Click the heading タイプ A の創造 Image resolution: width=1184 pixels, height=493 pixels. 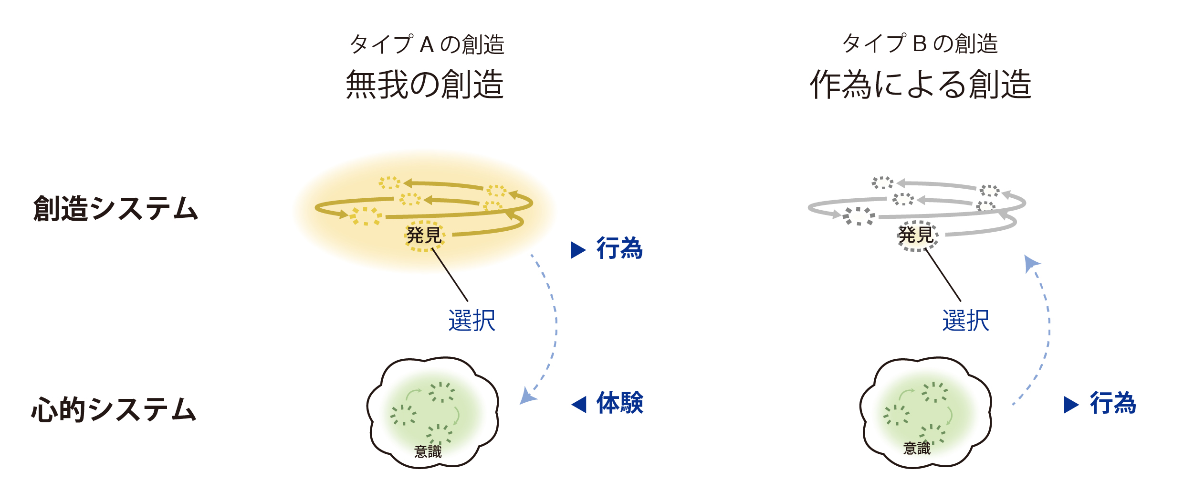point(427,44)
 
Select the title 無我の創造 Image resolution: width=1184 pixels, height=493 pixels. point(425,85)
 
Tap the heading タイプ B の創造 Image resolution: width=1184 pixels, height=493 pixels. point(920,43)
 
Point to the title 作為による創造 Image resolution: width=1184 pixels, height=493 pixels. point(921,85)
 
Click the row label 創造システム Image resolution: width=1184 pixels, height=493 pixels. point(115,209)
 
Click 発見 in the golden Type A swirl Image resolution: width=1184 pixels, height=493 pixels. point(424,235)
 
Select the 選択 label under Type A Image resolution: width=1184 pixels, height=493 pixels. point(472,321)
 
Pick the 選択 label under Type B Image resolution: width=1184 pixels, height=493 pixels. point(965,321)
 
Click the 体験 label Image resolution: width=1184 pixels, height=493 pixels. point(620,403)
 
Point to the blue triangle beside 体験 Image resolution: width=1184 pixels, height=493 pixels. point(579,404)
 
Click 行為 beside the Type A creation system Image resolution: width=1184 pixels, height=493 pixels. point(619,249)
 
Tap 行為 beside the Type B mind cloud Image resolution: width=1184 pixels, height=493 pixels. point(1113,403)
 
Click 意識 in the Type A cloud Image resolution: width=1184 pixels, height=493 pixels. point(428,451)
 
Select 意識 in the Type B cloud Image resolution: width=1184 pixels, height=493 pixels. point(917,449)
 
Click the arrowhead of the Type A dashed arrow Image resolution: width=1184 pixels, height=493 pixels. point(527,397)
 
